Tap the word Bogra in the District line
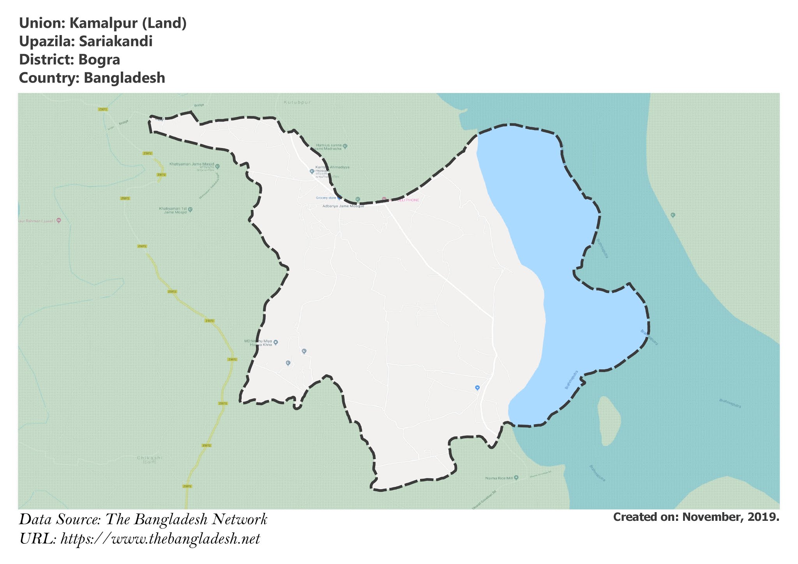point(99,60)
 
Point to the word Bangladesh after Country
point(124,78)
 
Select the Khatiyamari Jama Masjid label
point(192,164)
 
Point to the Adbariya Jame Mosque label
point(343,206)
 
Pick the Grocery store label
point(326,198)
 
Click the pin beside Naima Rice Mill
point(516,478)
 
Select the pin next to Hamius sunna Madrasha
point(345,147)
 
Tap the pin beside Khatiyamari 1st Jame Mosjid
point(190,210)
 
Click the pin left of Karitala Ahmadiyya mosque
point(312,171)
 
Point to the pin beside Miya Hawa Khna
point(275,342)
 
